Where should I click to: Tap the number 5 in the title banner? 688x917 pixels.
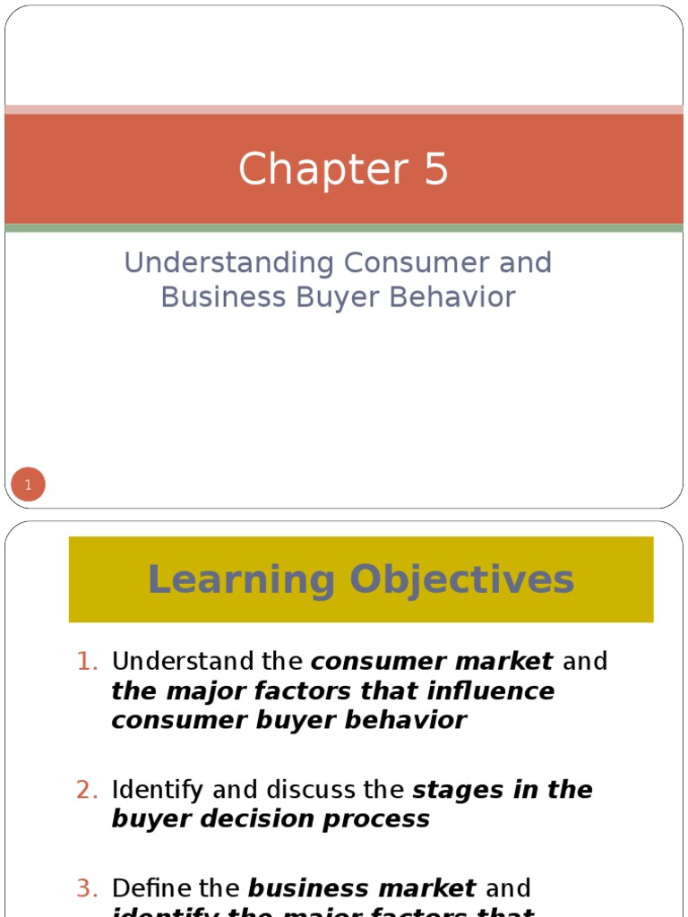[x=434, y=169]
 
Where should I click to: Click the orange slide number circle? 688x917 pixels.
[x=28, y=485]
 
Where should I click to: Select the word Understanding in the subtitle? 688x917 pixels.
[x=228, y=263]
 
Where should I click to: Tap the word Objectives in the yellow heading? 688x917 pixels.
[x=463, y=579]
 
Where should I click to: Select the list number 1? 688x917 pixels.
[x=86, y=662]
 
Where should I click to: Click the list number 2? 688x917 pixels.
[x=86, y=790]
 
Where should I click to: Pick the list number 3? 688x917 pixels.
[x=86, y=888]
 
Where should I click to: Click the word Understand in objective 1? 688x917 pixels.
[x=171, y=662]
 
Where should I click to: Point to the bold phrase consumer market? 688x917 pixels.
[x=432, y=662]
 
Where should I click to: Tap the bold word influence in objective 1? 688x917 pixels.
[x=504, y=691]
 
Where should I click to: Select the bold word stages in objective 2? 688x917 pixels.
[x=457, y=790]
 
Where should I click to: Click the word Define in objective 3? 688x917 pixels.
[x=149, y=888]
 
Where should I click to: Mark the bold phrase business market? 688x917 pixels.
[x=362, y=888]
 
